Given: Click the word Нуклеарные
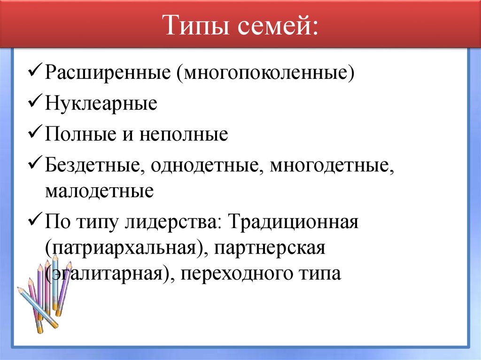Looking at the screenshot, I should (x=101, y=103).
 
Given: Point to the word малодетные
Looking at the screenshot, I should (x=100, y=191).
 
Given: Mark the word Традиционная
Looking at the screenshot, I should (x=294, y=222).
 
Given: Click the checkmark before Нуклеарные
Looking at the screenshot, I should (x=36, y=102).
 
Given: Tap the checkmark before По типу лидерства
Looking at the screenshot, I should (x=36, y=221).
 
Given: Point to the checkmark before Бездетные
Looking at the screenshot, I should (x=36, y=164).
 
